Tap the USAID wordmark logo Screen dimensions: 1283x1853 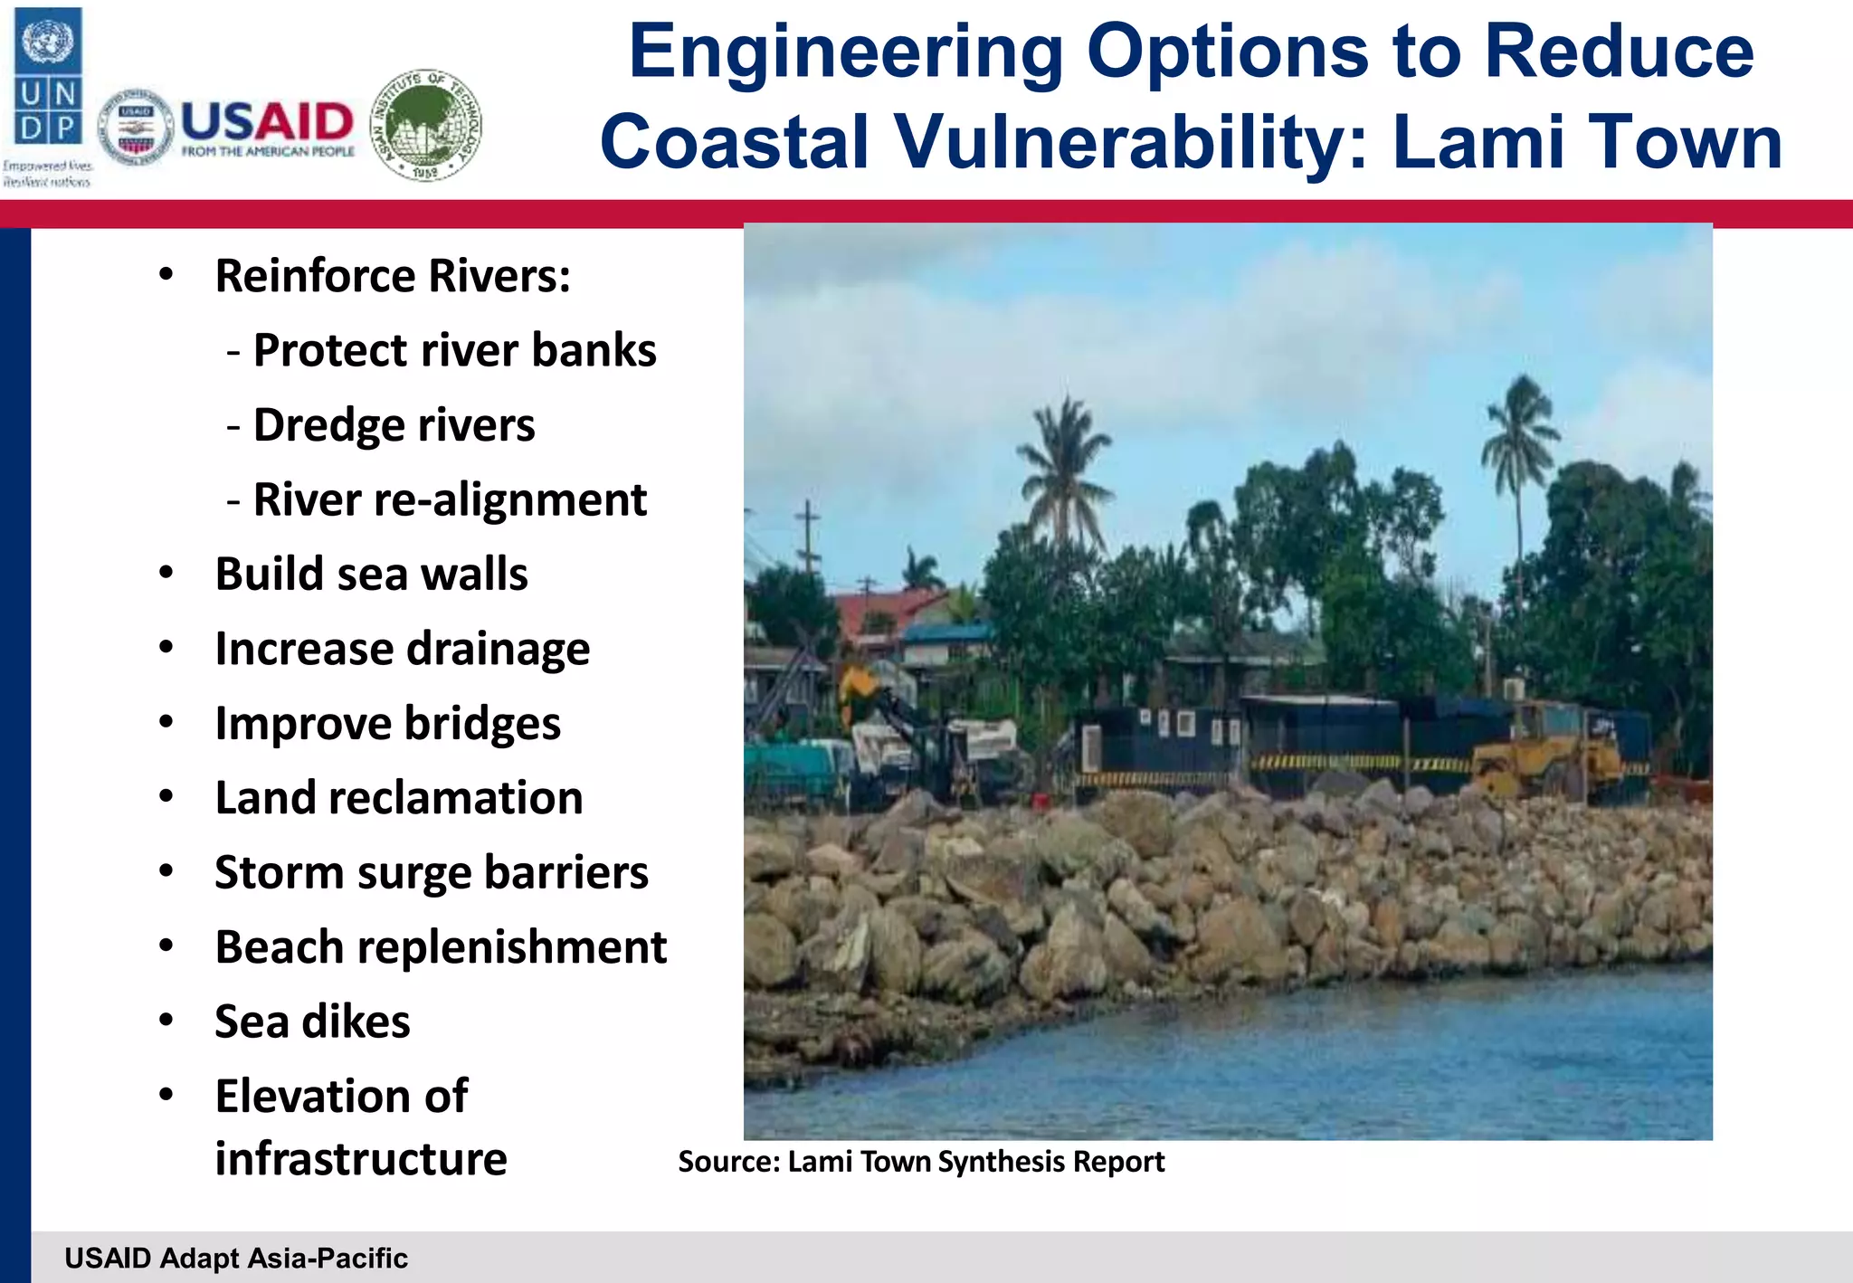[x=267, y=127]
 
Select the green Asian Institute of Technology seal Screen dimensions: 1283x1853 [x=427, y=125]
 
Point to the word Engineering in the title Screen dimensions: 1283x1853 [x=846, y=52]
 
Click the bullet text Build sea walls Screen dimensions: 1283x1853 [x=371, y=574]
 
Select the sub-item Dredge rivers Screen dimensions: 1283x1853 [x=394, y=425]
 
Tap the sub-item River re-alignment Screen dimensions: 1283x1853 [x=450, y=499]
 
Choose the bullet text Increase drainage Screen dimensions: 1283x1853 [x=402, y=649]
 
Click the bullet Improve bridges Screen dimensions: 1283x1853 [x=387, y=723]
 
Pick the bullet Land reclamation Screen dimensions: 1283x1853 [x=398, y=798]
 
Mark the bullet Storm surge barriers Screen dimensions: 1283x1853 [x=431, y=872]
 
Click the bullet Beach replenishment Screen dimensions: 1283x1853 [x=441, y=947]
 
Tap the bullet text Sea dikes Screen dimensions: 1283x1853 [x=312, y=1022]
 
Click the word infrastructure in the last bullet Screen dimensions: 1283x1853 [x=360, y=1159]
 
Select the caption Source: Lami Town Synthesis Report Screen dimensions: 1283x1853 [x=920, y=1162]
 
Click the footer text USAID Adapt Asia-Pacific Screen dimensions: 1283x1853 [x=236, y=1258]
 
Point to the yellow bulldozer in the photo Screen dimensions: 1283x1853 [x=1547, y=756]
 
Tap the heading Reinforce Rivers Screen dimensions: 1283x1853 [x=393, y=276]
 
